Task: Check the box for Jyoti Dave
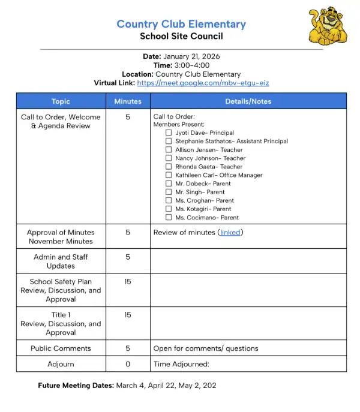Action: pyautogui.click(x=169, y=133)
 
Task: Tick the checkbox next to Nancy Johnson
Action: pyautogui.click(x=169, y=158)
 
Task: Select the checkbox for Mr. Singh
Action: pyautogui.click(x=169, y=192)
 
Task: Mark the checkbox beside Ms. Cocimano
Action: pyautogui.click(x=169, y=218)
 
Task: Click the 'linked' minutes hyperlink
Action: pyautogui.click(x=230, y=233)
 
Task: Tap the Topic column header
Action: pyautogui.click(x=61, y=101)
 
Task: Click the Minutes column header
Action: pyautogui.click(x=128, y=101)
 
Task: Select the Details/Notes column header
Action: pyautogui.click(x=248, y=101)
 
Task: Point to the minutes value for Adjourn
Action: pyautogui.click(x=128, y=364)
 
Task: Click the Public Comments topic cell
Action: pyautogui.click(x=61, y=348)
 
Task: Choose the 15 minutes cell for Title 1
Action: pyautogui.click(x=128, y=315)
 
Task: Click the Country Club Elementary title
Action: pyautogui.click(x=181, y=25)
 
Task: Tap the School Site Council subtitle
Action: pyautogui.click(x=181, y=36)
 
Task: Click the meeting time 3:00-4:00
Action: pyautogui.click(x=191, y=65)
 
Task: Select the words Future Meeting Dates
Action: pyautogui.click(x=76, y=386)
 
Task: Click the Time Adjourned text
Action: pyautogui.click(x=181, y=364)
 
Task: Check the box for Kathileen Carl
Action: pyautogui.click(x=169, y=175)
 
